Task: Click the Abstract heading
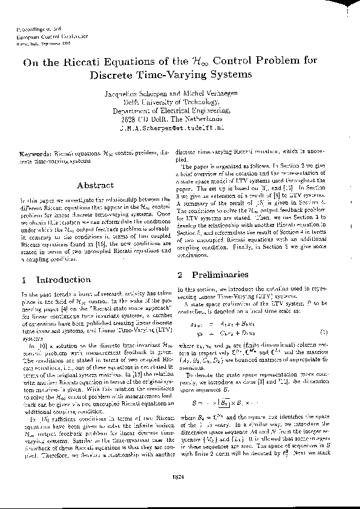point(96,185)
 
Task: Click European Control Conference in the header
point(45,36)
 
